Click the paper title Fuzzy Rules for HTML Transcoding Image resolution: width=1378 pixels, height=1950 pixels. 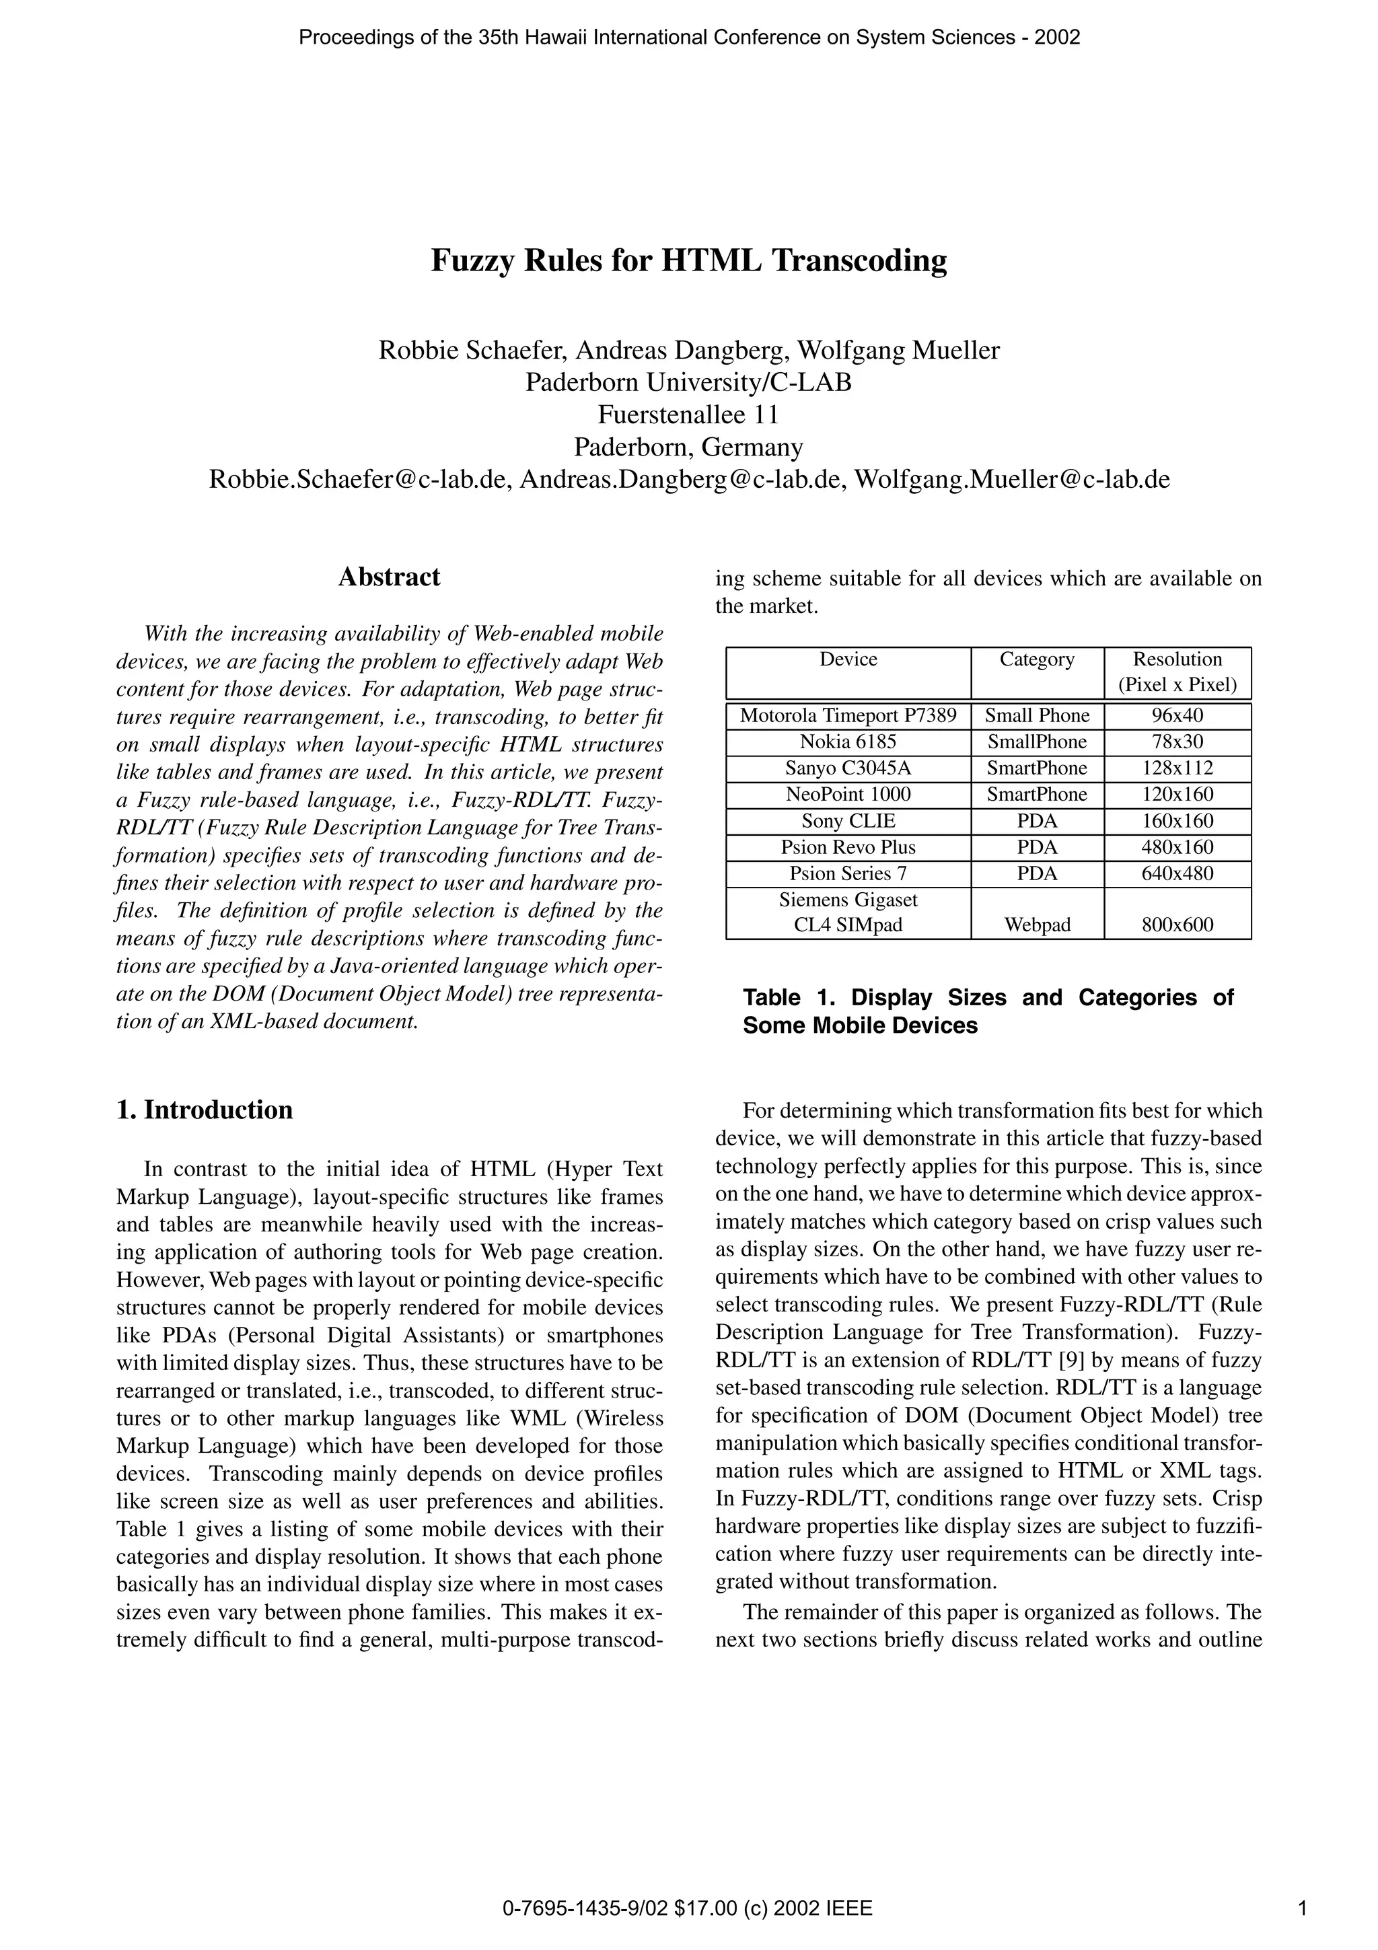pos(688,260)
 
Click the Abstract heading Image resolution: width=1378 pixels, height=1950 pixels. pos(389,577)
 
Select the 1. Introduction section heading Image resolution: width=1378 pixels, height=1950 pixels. pos(205,1110)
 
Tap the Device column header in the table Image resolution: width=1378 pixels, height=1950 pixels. pos(848,660)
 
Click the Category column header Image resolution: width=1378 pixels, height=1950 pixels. pos(1037,660)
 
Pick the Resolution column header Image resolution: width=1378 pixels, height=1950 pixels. pos(1177,672)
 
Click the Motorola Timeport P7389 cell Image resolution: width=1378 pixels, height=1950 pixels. pos(848,716)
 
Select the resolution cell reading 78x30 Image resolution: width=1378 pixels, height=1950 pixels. pos(1177,742)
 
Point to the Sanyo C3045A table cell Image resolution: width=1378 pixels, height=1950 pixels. pos(848,768)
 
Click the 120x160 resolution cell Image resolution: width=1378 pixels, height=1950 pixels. pos(1177,795)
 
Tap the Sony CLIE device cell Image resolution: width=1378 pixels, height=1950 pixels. pos(848,822)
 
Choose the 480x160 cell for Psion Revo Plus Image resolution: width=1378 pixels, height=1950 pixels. pos(1177,848)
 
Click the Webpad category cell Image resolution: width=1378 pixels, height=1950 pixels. pos(1037,926)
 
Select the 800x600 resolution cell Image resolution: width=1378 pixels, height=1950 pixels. pos(1177,926)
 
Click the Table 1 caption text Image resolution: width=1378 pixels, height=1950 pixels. pos(988,1011)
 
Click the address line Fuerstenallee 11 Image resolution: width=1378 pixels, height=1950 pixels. pos(688,415)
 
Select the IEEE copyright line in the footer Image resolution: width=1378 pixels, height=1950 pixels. pos(688,1910)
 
